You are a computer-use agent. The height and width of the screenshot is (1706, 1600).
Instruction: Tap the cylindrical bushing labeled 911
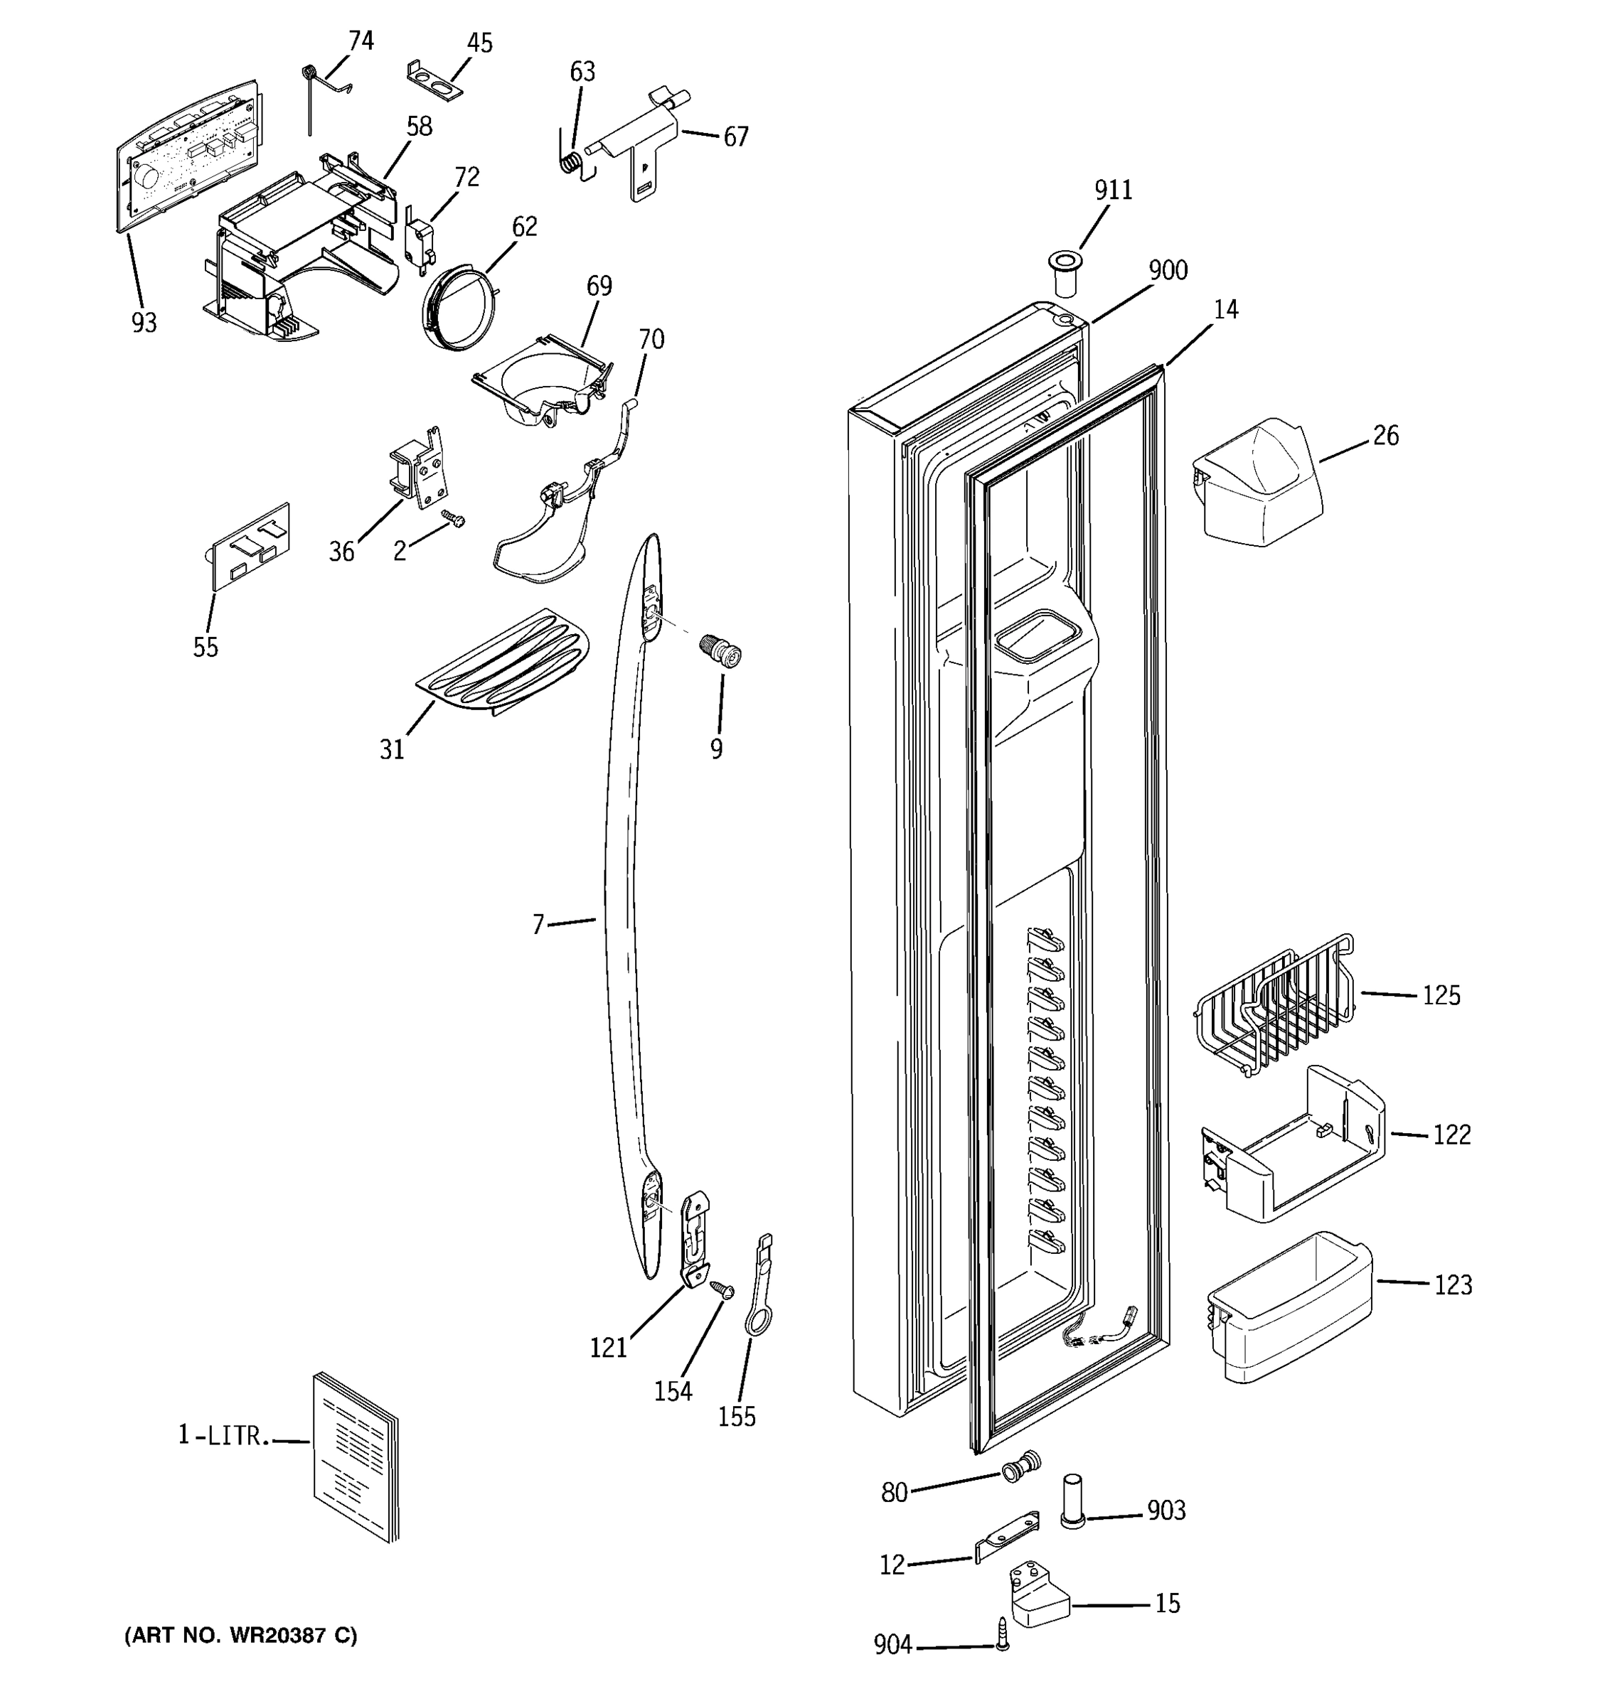pos(1065,273)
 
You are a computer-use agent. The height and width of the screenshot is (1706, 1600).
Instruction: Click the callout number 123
pos(1452,1284)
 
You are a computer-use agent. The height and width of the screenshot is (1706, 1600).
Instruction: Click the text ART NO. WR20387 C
pos(241,1635)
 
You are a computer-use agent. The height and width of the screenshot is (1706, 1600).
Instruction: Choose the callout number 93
pos(144,323)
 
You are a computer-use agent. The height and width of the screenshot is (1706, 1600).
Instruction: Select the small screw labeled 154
pos(722,1289)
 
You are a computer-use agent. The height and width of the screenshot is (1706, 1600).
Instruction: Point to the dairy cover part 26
pos(1257,483)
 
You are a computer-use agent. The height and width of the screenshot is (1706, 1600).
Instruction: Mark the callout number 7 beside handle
pos(538,924)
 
